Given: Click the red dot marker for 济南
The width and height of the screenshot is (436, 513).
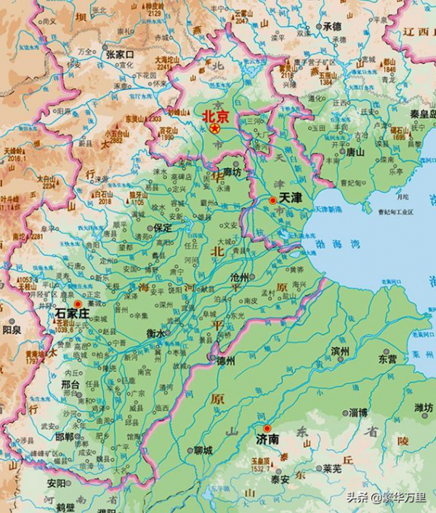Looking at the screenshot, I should pos(267,429).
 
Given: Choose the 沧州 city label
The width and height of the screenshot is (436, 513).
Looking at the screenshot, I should pos(239,277).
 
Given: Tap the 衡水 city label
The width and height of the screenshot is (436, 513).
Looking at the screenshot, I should pos(156,333).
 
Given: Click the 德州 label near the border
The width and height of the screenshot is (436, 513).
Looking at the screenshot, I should pos(226,361).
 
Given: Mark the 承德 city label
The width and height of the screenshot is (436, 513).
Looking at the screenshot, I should pos(332,26).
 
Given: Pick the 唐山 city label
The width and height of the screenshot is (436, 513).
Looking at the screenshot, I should pos(355,153).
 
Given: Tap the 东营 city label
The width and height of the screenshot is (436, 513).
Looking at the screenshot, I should pos(387,359).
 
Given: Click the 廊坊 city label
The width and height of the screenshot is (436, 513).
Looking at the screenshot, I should pos(232,172).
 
